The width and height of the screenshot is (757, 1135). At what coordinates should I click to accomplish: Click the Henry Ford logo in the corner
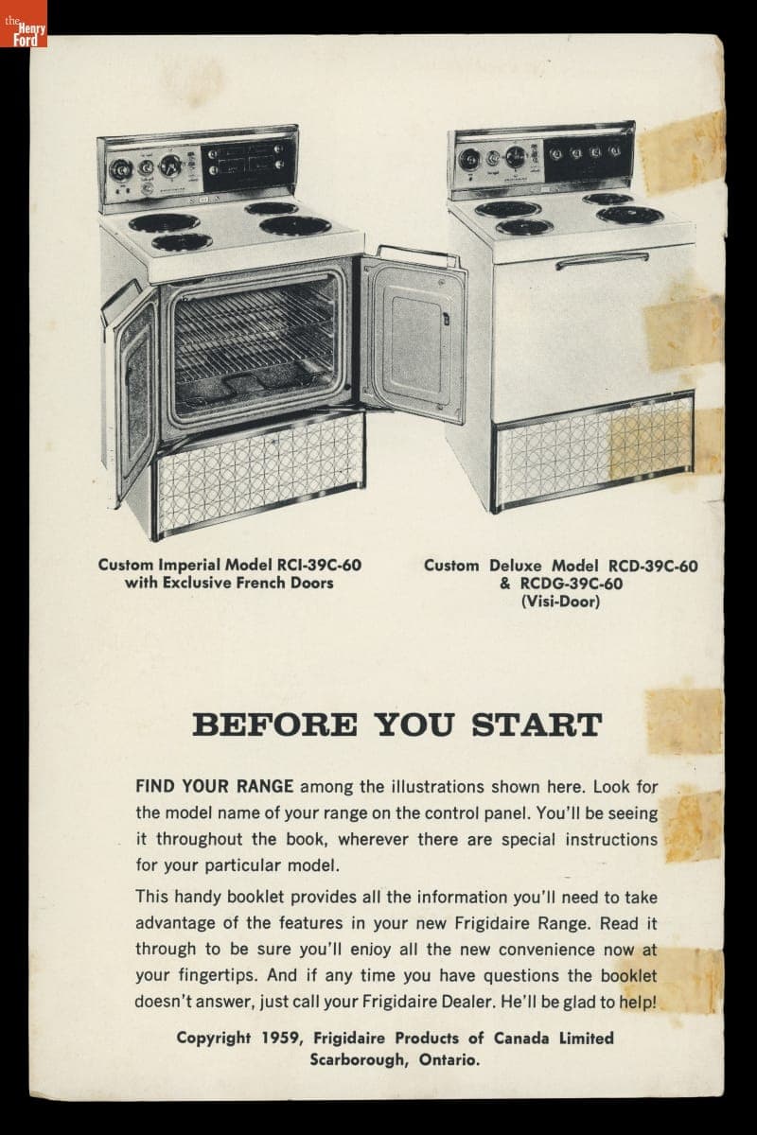coord(24,24)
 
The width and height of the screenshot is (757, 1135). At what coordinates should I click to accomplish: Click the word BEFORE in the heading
coord(274,725)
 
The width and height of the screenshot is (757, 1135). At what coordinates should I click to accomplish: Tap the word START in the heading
coord(537,725)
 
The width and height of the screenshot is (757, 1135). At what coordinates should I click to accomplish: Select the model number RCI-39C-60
coord(319,565)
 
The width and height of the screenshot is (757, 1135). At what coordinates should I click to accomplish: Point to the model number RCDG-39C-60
coord(572,584)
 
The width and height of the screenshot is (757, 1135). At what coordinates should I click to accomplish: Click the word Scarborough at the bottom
coord(359,1059)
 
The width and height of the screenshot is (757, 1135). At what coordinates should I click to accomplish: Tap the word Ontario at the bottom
coord(449,1059)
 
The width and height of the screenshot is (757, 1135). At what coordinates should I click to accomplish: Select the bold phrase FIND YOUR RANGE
coord(214,786)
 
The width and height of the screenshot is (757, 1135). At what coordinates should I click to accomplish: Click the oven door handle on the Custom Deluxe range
coord(603,261)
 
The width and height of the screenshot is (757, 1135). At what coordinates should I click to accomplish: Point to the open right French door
coord(414,335)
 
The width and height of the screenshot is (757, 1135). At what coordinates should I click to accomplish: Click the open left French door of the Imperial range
coord(130,390)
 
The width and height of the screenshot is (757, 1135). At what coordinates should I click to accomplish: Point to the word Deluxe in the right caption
coord(515,565)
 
